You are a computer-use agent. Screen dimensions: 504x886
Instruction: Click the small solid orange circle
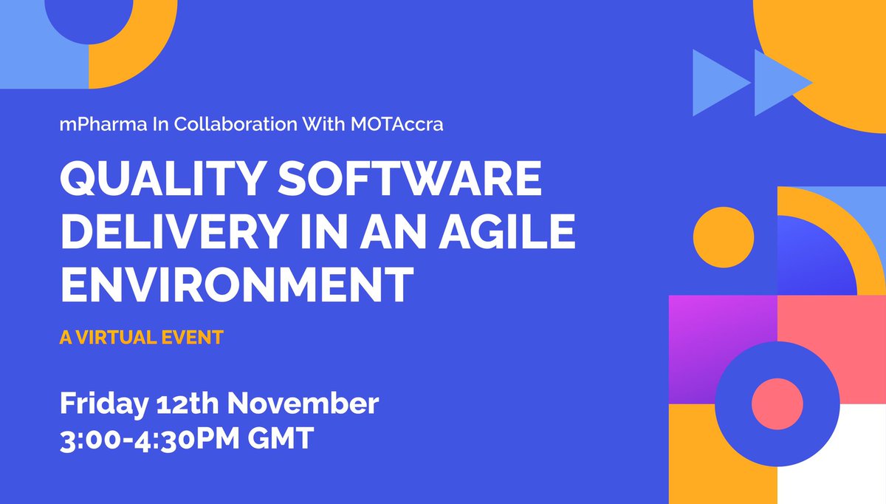pos(724,236)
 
